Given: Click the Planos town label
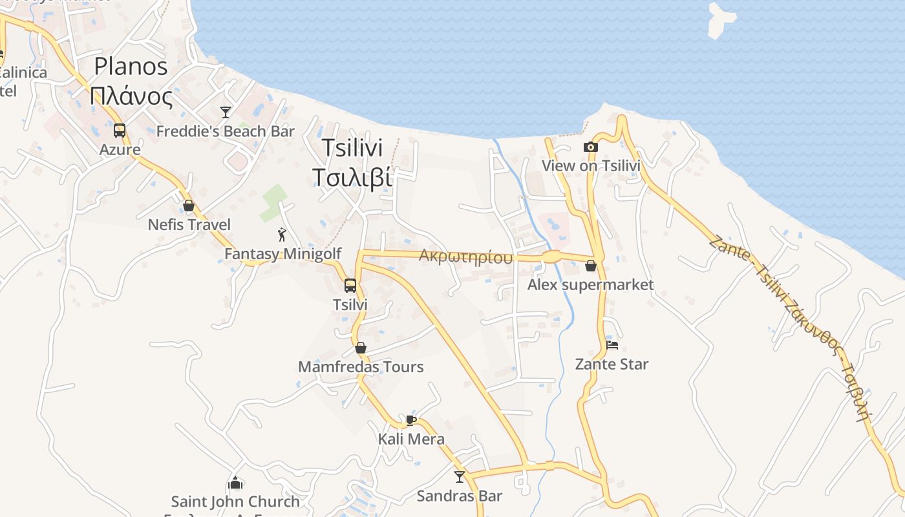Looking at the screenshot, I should pyautogui.click(x=131, y=81).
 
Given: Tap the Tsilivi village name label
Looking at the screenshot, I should pyautogui.click(x=352, y=162).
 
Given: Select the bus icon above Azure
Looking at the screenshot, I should pyautogui.click(x=120, y=131).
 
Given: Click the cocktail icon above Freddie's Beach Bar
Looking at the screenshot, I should pyautogui.click(x=226, y=112).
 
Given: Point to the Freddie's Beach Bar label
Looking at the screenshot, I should pyautogui.click(x=226, y=131).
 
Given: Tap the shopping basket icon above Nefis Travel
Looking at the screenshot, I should pyautogui.click(x=189, y=206).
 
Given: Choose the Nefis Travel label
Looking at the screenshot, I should pyautogui.click(x=189, y=225).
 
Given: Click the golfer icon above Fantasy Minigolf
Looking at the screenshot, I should pyautogui.click(x=282, y=235).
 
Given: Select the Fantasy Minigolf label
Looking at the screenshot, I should pyautogui.click(x=282, y=254).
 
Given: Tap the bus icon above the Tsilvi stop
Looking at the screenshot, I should pyautogui.click(x=350, y=285).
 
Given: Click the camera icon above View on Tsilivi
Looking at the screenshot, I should pyautogui.click(x=590, y=147).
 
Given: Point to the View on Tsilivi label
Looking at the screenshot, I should pyautogui.click(x=591, y=166).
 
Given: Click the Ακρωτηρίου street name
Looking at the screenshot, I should pyautogui.click(x=465, y=257).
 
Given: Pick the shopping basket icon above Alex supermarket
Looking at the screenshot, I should pyautogui.click(x=590, y=266).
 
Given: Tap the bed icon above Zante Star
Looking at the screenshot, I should pyautogui.click(x=612, y=344).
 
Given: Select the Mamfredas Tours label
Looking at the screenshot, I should pyautogui.click(x=361, y=367).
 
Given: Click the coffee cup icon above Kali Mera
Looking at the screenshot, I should pyautogui.click(x=410, y=420).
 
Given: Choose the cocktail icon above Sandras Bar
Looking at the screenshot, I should pyautogui.click(x=460, y=477).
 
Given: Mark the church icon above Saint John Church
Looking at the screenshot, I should pyautogui.click(x=235, y=483).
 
